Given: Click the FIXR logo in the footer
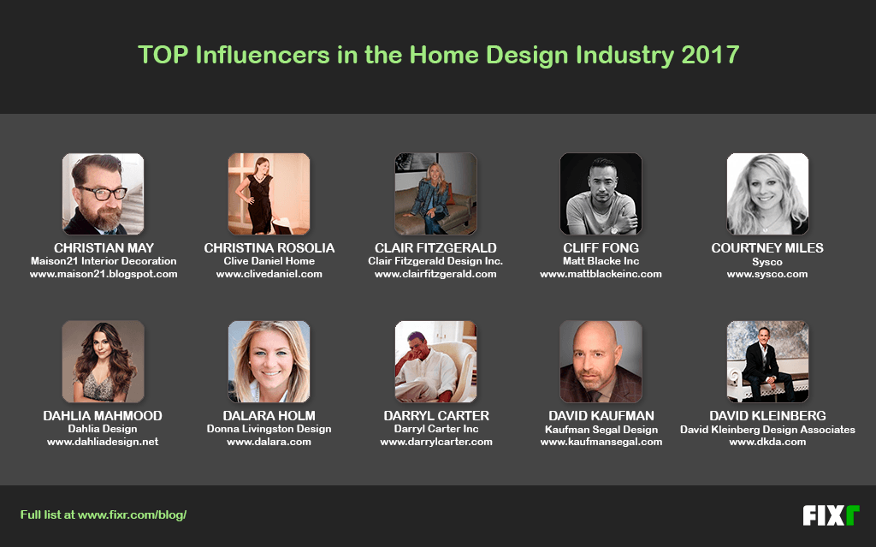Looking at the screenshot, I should click(x=830, y=515).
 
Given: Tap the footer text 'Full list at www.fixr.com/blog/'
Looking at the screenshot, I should click(x=104, y=514).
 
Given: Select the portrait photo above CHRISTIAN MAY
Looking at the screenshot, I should click(x=104, y=194).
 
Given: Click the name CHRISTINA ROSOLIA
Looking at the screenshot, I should click(x=269, y=248).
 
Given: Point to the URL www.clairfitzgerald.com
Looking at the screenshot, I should click(x=435, y=274).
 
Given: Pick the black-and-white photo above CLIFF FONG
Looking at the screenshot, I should click(x=601, y=194).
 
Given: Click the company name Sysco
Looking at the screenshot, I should click(x=767, y=261).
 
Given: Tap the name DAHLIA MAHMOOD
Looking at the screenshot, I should click(x=103, y=416).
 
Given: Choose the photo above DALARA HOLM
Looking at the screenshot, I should click(x=269, y=362).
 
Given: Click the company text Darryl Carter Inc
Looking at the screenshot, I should click(x=436, y=429).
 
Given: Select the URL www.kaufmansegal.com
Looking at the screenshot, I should click(x=601, y=442).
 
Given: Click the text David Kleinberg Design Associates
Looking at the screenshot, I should click(x=767, y=429).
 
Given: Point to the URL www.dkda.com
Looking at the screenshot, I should click(x=767, y=442).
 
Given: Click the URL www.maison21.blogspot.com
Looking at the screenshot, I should click(x=104, y=274).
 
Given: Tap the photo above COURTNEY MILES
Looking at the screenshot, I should click(x=767, y=194).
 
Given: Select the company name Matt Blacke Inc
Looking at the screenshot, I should click(x=601, y=261).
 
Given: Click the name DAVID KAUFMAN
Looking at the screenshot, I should click(x=601, y=416).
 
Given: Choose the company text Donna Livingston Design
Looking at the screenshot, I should click(x=269, y=429).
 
